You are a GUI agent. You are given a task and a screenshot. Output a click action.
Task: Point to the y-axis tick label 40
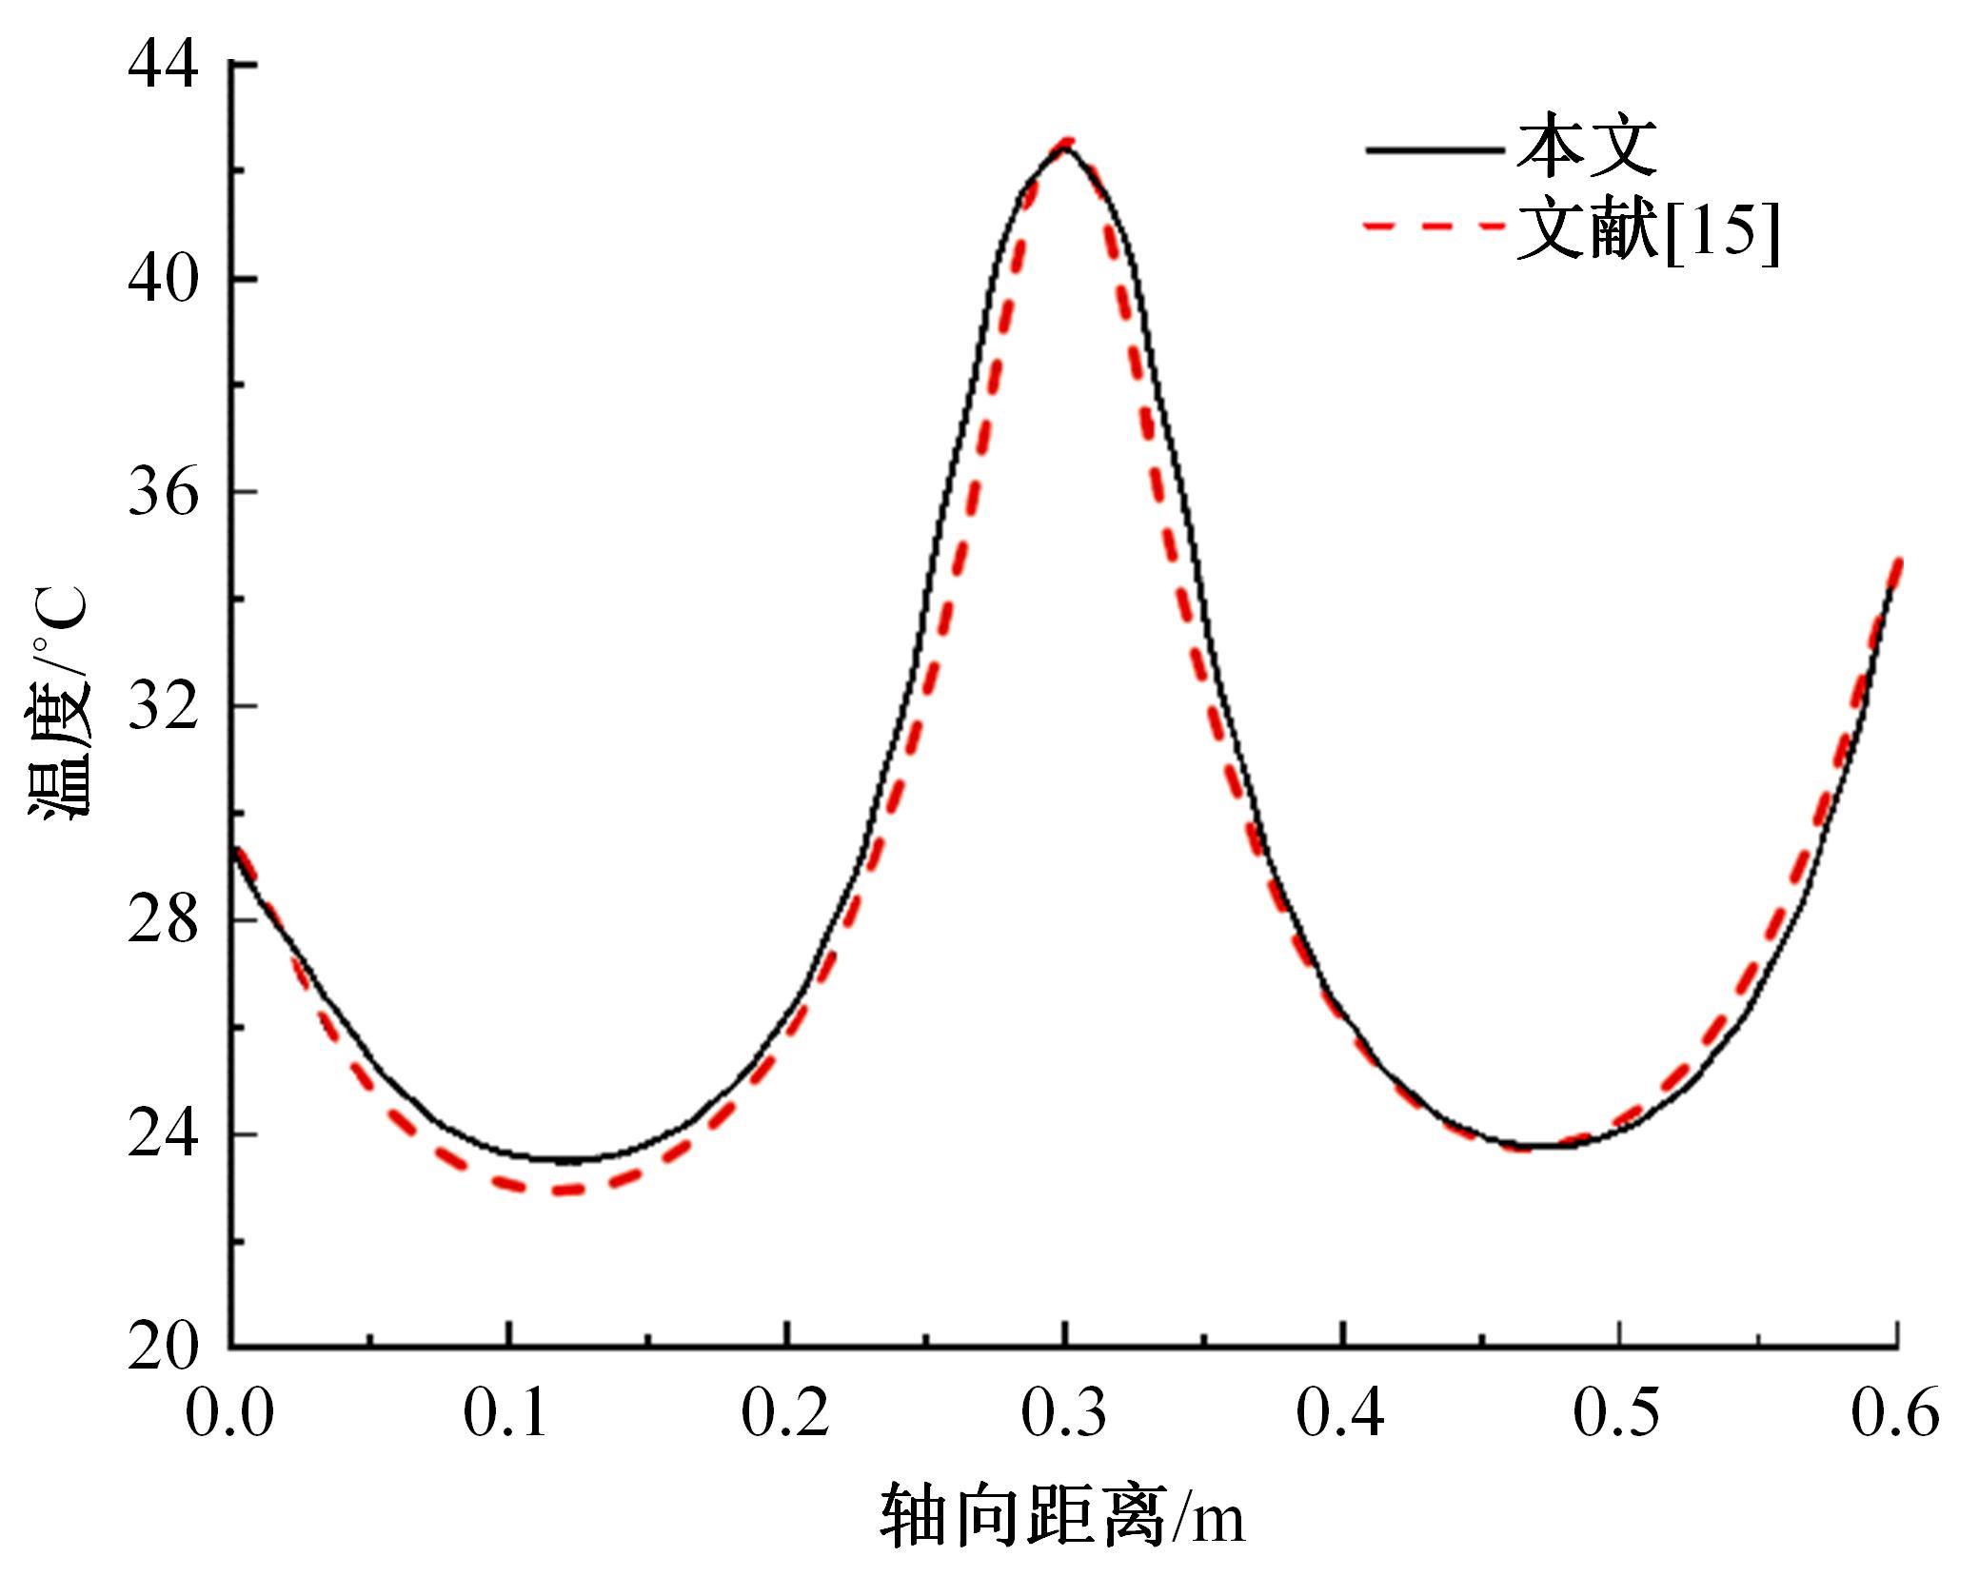tap(164, 279)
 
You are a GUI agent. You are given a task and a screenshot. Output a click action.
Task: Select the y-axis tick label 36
tap(164, 493)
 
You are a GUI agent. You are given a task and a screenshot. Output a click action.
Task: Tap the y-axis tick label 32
tap(164, 706)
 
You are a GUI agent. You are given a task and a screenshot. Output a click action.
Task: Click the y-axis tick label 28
tap(164, 920)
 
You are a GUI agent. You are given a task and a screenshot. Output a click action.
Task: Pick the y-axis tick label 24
tap(164, 1134)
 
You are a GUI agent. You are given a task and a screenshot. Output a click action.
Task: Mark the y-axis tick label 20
tap(164, 1347)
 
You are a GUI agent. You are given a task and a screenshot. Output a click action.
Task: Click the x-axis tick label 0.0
tap(229, 1413)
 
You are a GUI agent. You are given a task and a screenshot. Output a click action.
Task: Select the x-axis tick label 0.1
tap(506, 1413)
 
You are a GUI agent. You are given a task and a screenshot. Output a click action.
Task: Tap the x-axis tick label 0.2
tap(785, 1413)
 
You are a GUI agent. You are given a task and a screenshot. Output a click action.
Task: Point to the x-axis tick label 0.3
tap(1064, 1413)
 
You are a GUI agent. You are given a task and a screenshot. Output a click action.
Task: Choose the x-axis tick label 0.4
tap(1341, 1413)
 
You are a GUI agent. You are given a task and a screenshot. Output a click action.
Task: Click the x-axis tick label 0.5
tap(1618, 1413)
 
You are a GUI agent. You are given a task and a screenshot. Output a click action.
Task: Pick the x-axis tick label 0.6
tap(1895, 1413)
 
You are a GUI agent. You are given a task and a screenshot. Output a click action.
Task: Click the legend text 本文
tap(1586, 148)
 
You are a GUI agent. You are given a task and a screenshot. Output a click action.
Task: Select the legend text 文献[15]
tap(1648, 229)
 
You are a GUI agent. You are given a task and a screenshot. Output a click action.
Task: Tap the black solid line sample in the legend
tap(1434, 149)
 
